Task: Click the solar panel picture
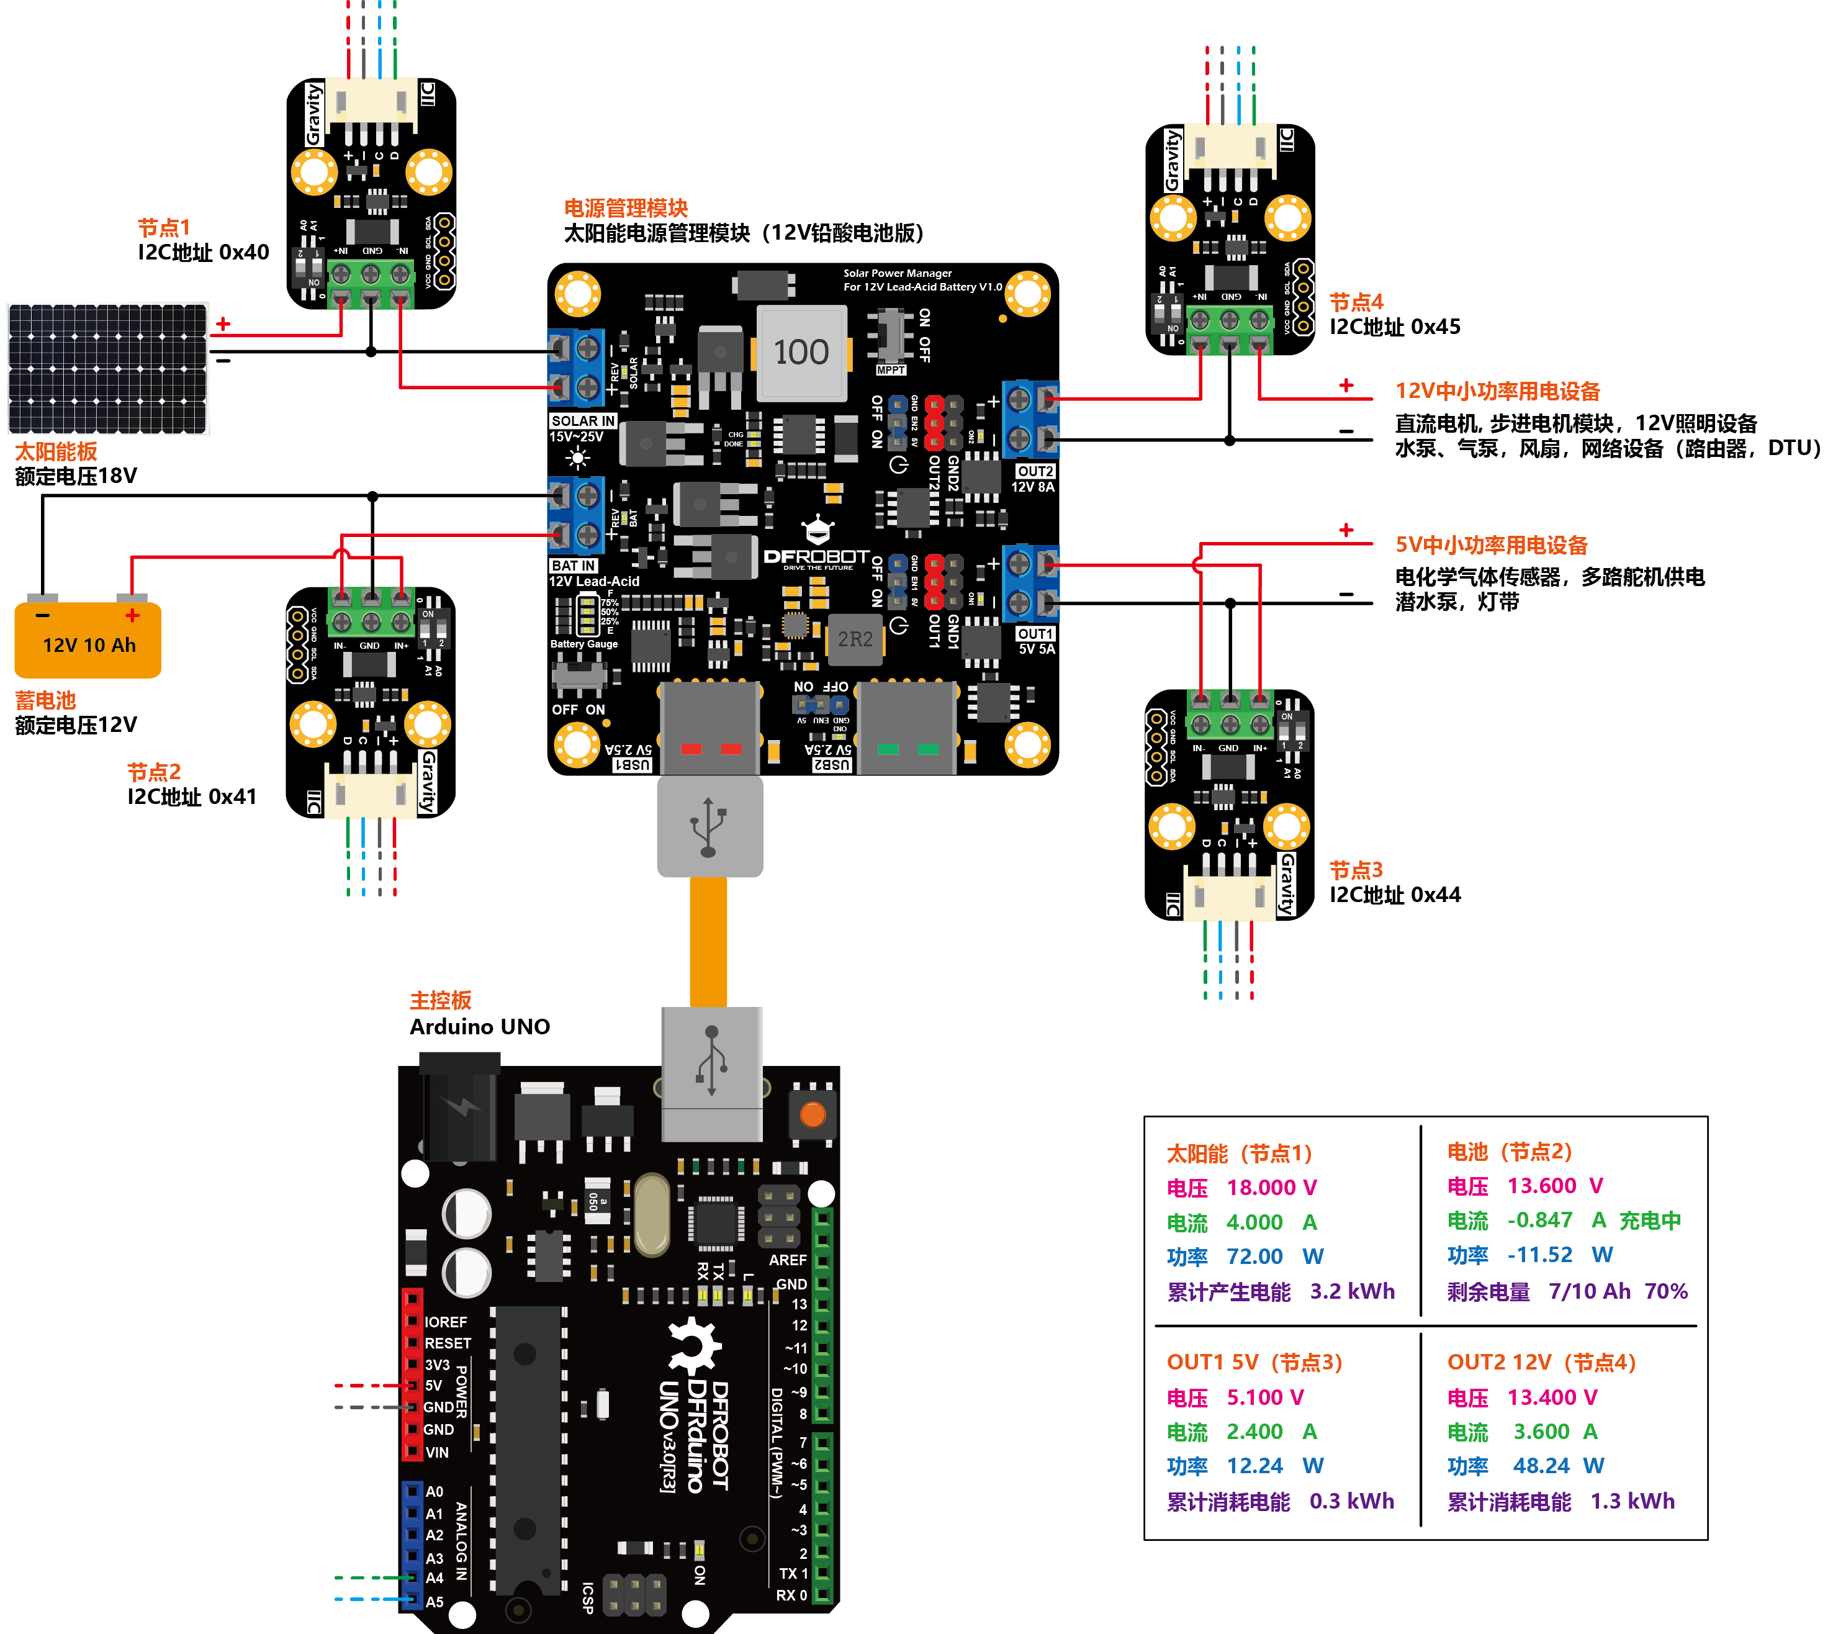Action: point(108,369)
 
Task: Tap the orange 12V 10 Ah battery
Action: point(88,639)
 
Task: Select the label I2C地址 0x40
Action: point(203,252)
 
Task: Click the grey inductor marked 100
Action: point(801,353)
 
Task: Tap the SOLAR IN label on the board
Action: point(583,420)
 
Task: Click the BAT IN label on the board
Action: point(574,566)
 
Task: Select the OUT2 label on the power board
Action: point(1035,471)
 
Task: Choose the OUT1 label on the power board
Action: point(1035,634)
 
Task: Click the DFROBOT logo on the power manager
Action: point(816,557)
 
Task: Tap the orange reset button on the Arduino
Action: point(813,1115)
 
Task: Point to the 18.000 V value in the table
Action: point(1271,1188)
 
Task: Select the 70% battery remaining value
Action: point(1666,1291)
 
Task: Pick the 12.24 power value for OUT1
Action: point(1255,1465)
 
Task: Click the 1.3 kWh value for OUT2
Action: point(1632,1501)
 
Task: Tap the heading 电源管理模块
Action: point(626,209)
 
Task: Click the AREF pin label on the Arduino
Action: point(787,1260)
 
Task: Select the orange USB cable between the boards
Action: point(708,942)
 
